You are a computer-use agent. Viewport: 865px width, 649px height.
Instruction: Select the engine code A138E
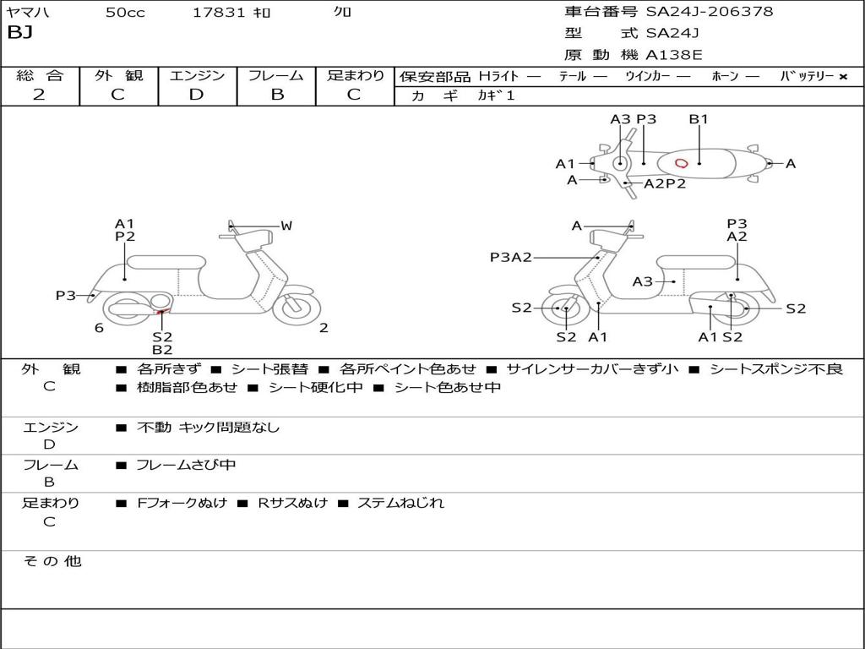[674, 56]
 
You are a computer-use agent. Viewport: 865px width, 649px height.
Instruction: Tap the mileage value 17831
[219, 12]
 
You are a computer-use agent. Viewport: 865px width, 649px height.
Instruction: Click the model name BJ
[19, 33]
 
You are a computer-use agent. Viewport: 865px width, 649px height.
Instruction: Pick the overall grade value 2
[39, 95]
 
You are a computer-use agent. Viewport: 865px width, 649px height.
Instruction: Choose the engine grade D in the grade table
[197, 95]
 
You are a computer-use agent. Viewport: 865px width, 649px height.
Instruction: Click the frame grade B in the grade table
[277, 95]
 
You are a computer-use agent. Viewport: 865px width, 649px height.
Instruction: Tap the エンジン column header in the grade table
[197, 76]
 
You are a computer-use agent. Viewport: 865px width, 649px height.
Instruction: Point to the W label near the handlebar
[287, 226]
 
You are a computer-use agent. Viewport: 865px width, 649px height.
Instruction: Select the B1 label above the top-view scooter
[699, 119]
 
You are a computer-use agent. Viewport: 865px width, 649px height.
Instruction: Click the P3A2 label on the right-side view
[511, 258]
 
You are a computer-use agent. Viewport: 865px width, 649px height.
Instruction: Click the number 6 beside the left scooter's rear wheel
[99, 328]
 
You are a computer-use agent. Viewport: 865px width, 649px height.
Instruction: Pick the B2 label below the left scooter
[162, 350]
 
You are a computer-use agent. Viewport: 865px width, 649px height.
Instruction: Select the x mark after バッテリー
[843, 77]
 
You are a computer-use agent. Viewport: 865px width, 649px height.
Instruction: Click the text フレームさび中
[186, 465]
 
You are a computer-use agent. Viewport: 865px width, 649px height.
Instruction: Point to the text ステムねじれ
[400, 503]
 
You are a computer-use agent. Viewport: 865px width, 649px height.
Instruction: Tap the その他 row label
[52, 561]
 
